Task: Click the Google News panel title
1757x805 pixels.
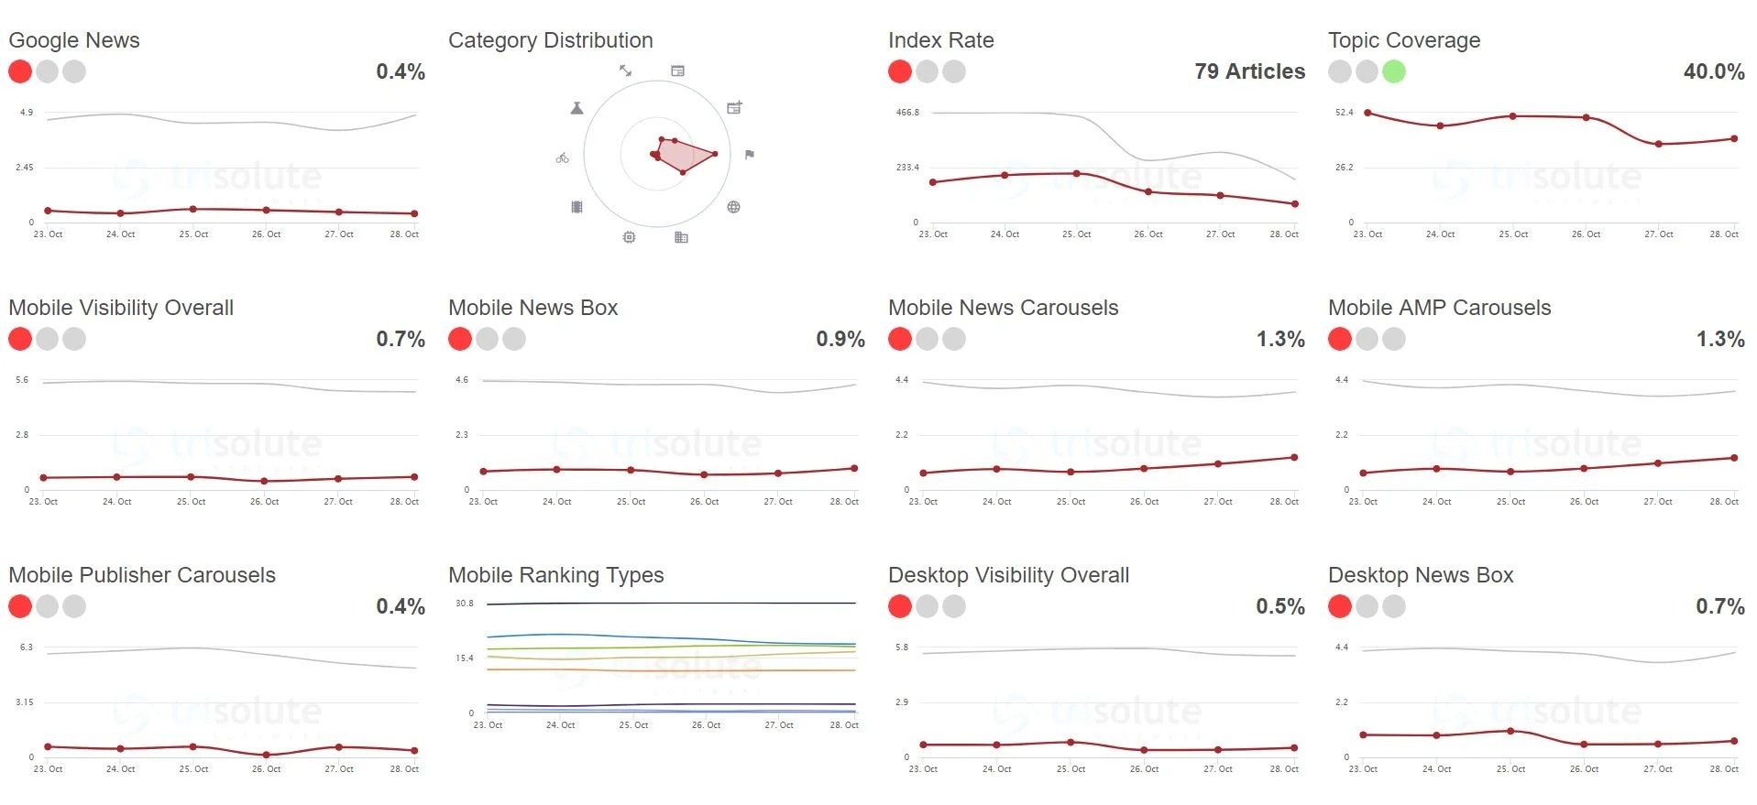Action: [x=74, y=40]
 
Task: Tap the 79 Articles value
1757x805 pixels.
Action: [x=1249, y=71]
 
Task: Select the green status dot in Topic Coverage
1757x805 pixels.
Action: [x=1393, y=71]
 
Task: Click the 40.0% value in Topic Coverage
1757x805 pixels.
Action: [x=1713, y=71]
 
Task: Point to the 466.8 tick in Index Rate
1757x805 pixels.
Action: [x=907, y=113]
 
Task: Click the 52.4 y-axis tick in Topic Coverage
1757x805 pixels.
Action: [x=1344, y=113]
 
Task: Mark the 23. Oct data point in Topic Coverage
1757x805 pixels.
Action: [x=1367, y=113]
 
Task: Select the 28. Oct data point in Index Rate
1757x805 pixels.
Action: [x=1295, y=204]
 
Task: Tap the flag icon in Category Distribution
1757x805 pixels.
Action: [x=750, y=155]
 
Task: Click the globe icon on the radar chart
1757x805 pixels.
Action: [x=733, y=207]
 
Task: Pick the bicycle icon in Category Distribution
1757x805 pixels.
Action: [x=562, y=158]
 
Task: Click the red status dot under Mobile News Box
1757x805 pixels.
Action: [x=460, y=339]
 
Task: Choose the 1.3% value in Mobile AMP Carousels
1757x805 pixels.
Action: [x=1719, y=339]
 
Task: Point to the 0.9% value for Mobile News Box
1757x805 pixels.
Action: [x=840, y=339]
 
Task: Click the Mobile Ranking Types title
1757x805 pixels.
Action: [x=555, y=575]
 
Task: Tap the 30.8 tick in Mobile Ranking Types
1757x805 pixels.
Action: [x=465, y=604]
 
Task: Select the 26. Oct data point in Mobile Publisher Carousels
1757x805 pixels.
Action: [x=266, y=755]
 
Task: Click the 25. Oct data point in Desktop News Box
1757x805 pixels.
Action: [x=1510, y=731]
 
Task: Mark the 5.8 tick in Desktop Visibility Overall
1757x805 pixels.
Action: [x=902, y=647]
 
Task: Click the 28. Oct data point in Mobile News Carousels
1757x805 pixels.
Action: [x=1294, y=457]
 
